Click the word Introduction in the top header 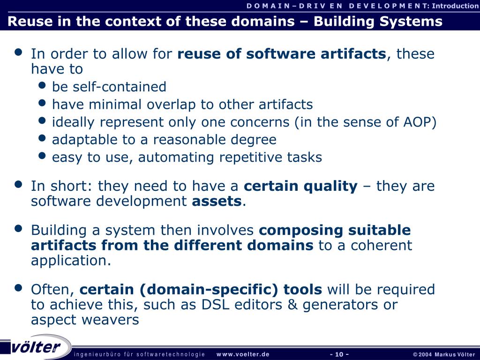(x=455, y=6)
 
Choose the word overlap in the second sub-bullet (x=172, y=105)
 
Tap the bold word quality (x=330, y=186)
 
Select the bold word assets (x=217, y=202)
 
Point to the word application (x=70, y=261)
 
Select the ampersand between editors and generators (x=293, y=305)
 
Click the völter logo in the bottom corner (x=36, y=347)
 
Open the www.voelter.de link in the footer (x=243, y=354)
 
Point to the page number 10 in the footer (x=339, y=354)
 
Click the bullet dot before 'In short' (x=19, y=185)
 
